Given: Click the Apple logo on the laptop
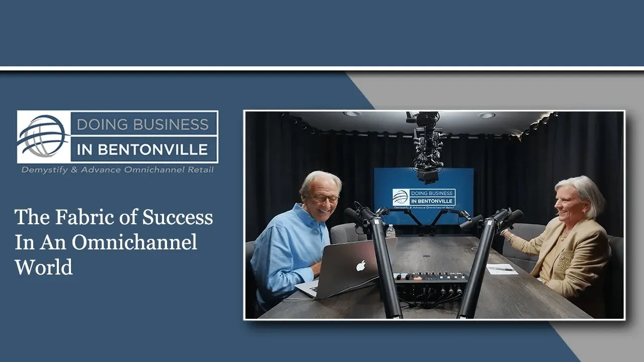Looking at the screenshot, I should pos(361,266).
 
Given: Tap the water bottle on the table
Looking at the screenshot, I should pos(390,232).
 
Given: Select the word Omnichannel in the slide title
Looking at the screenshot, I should pos(134,242).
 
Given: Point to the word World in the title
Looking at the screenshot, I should pos(44,267).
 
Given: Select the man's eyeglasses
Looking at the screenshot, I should pos(324,198).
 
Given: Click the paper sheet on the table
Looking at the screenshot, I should pos(502,268).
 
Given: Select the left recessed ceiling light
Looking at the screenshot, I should pos(352,114).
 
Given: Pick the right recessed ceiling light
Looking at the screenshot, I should pos(486,115).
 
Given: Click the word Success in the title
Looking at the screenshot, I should pos(178,217).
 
